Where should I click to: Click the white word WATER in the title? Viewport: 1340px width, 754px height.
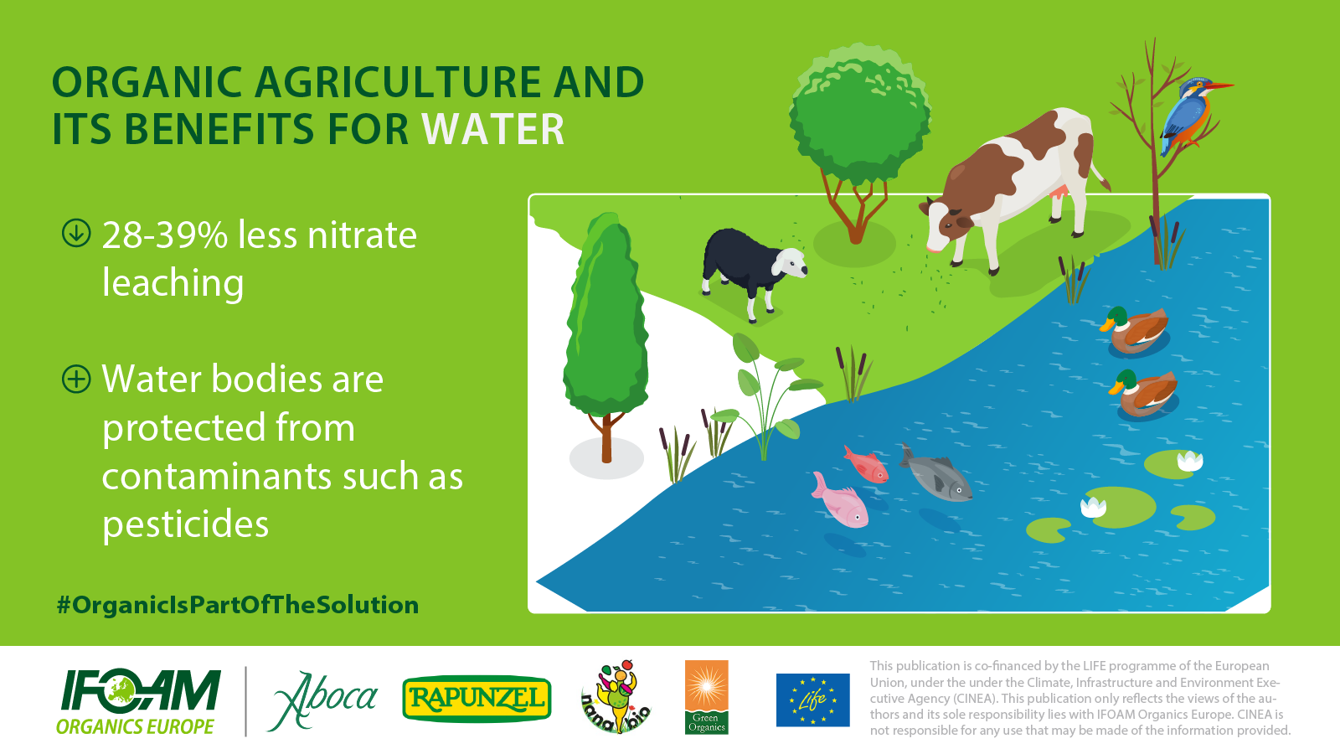coord(493,129)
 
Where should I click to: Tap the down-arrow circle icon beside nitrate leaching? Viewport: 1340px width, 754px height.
coord(76,234)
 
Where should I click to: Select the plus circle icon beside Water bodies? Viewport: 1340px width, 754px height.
coord(76,379)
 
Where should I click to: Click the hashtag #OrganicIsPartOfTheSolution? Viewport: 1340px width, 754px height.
coord(238,605)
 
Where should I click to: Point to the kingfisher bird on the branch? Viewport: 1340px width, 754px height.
coord(1190,115)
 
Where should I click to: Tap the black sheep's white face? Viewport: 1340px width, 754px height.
coord(790,263)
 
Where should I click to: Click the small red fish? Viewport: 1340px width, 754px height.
coord(866,464)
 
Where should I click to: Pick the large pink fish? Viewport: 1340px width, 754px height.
coord(840,500)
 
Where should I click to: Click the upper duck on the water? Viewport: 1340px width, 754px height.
coord(1134,330)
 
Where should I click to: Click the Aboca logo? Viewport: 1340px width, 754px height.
coord(324,700)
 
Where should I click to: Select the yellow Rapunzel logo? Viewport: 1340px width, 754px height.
coord(477,699)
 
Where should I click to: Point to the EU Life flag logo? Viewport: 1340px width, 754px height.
coord(813,700)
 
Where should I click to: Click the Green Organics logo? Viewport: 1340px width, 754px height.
coord(707,697)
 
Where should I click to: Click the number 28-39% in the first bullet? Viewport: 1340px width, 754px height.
coord(165,235)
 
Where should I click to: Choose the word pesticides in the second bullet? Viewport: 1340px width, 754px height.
coord(185,524)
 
